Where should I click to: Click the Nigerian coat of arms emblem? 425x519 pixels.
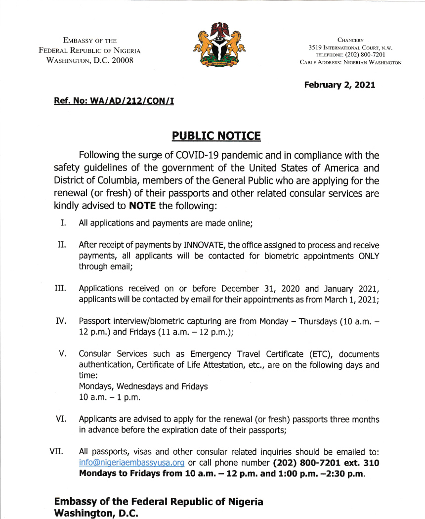click(x=218, y=44)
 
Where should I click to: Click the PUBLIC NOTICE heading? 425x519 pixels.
click(x=216, y=135)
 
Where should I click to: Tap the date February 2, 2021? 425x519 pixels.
click(x=340, y=85)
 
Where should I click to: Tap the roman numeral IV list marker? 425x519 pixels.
click(x=61, y=321)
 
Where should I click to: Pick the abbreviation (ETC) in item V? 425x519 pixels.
click(x=308, y=354)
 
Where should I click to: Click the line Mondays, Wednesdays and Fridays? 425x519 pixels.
click(x=143, y=387)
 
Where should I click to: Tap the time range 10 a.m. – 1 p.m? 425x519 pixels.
click(x=107, y=398)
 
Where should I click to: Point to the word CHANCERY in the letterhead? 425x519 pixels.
click(x=350, y=40)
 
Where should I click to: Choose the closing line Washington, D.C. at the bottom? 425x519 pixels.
click(x=96, y=513)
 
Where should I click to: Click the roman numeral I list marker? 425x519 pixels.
click(x=63, y=223)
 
